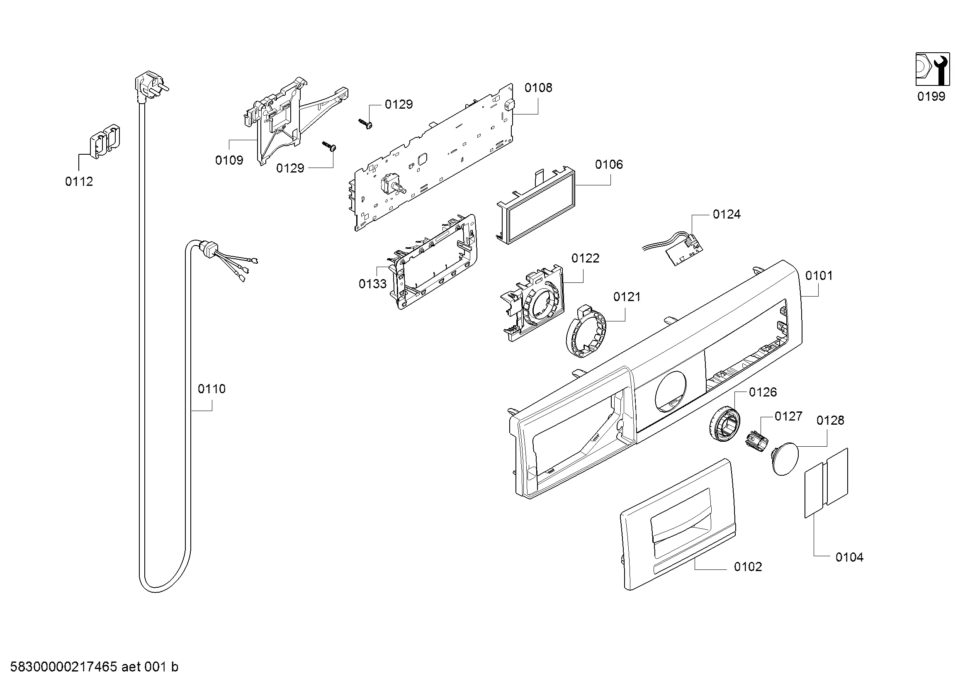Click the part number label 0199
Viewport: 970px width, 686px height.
click(x=931, y=96)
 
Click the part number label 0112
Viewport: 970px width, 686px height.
click(x=79, y=181)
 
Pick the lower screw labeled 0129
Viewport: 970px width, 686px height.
click(x=330, y=146)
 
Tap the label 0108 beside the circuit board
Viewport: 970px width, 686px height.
click(x=538, y=88)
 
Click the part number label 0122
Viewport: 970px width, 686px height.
click(x=585, y=258)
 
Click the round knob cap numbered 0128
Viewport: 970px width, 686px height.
click(x=785, y=459)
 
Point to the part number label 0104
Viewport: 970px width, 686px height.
click(x=849, y=557)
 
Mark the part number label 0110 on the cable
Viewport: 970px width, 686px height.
click(x=211, y=389)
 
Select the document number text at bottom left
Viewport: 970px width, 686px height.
click(x=94, y=667)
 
